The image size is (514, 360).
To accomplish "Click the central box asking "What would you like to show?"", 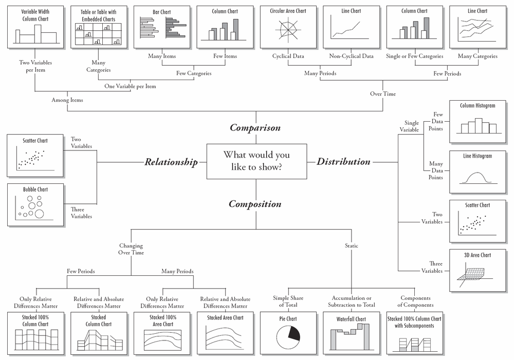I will point(256,161).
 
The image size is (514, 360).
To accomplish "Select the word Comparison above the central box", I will point(255,128).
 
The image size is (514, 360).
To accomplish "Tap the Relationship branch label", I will point(171,162).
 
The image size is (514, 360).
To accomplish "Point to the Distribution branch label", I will point(343,162).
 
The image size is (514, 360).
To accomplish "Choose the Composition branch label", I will point(255,204).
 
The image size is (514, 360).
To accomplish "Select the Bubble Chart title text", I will point(35,190).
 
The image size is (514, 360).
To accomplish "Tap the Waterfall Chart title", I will point(351,319).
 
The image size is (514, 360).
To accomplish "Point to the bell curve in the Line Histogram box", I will point(478,177).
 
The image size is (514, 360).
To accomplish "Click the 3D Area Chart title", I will point(478,255).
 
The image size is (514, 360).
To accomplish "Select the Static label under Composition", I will point(351,246).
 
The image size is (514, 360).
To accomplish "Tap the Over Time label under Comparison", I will point(382,94).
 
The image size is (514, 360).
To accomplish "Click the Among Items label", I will point(67,100).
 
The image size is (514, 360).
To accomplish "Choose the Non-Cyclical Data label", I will point(351,56).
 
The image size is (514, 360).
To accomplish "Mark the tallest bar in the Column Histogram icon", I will point(478,125).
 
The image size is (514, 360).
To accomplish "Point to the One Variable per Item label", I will point(130,86).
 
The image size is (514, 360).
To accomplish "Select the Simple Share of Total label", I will point(287,301).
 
